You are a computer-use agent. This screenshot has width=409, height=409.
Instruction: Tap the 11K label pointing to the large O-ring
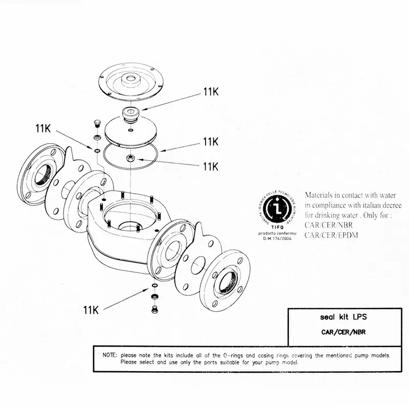(x=211, y=141)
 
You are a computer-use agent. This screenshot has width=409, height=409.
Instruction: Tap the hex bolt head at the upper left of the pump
(x=97, y=124)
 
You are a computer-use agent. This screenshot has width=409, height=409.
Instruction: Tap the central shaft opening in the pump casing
(x=126, y=226)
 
